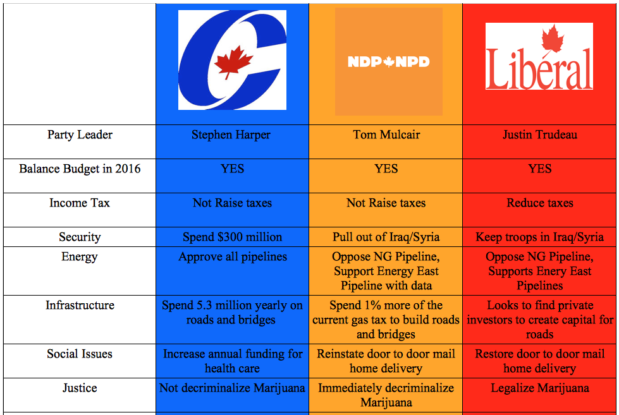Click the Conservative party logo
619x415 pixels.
tap(232, 60)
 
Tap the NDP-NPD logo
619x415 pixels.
tap(389, 61)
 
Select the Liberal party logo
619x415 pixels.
tap(539, 56)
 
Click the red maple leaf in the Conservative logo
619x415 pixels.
tap(233, 62)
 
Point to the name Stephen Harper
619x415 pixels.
tap(231, 135)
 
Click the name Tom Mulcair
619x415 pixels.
tap(386, 135)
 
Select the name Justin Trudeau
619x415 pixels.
tap(540, 135)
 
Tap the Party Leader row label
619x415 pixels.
tap(80, 135)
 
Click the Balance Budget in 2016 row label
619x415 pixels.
tap(80, 169)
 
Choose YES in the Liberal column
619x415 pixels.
tap(540, 169)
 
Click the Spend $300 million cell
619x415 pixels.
tap(232, 237)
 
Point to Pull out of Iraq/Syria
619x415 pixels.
tap(386, 237)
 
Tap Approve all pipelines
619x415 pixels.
tap(233, 257)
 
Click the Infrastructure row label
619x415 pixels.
tap(80, 305)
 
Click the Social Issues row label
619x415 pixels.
tap(80, 354)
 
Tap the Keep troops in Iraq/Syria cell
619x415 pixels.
tap(540, 237)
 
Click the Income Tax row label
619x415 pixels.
tap(80, 203)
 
